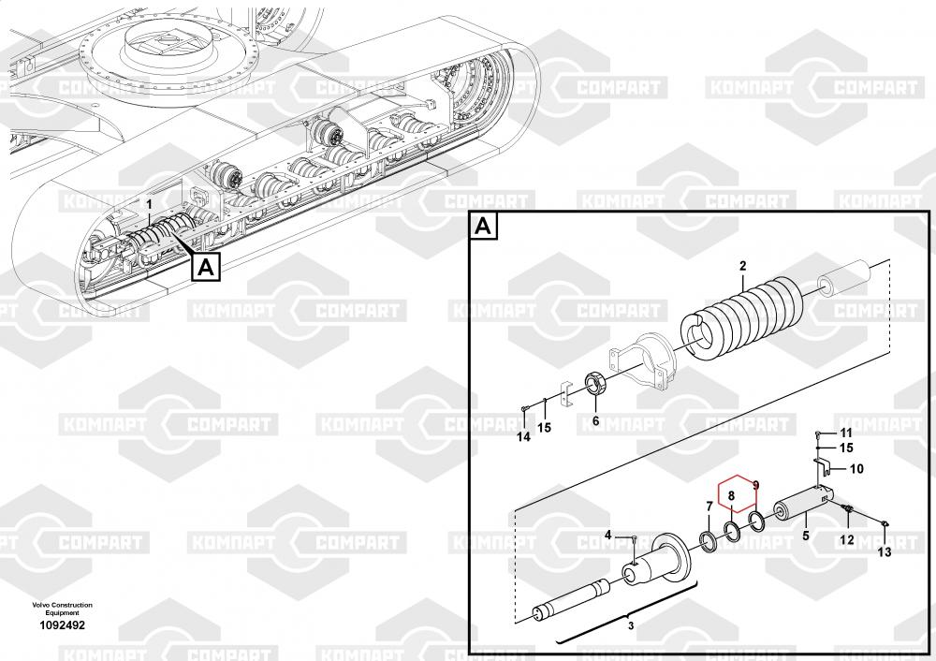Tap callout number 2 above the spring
(x=742, y=266)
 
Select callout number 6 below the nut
(x=595, y=421)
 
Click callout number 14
(x=523, y=436)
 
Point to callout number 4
(x=607, y=535)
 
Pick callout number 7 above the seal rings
(x=709, y=507)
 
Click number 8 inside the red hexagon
(x=733, y=487)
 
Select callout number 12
(x=846, y=540)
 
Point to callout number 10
(x=856, y=468)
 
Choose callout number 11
(x=846, y=433)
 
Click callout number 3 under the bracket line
(x=630, y=624)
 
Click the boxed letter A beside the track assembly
(x=207, y=267)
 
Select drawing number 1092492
(x=63, y=625)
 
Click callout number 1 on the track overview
(x=147, y=203)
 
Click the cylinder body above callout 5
(x=799, y=508)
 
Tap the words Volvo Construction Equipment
(x=62, y=609)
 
